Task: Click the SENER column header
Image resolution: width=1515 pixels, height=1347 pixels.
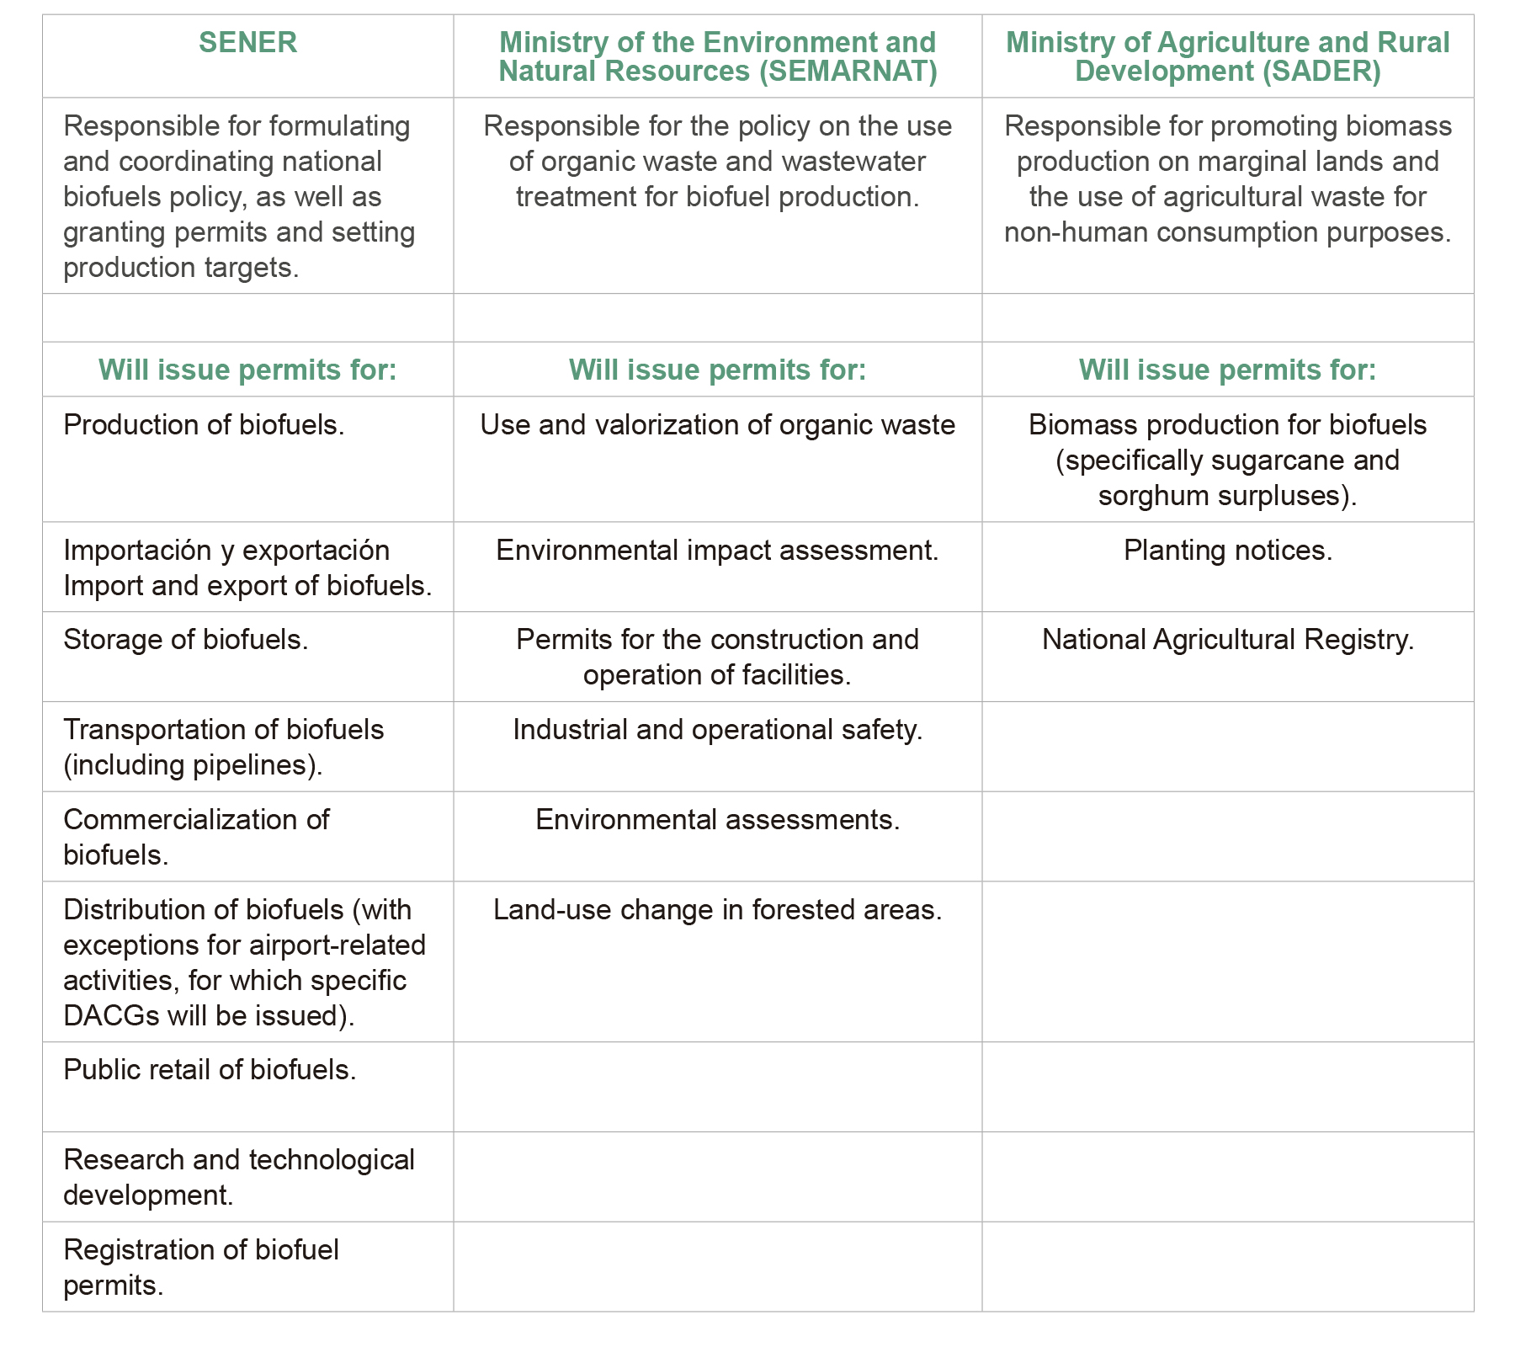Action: (247, 43)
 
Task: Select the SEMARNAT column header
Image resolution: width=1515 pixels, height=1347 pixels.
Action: (717, 56)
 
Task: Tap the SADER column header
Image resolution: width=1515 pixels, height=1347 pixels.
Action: (1227, 56)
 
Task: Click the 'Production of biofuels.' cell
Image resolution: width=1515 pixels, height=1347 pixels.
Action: (204, 425)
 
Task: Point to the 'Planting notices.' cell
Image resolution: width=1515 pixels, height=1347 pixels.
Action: (1227, 551)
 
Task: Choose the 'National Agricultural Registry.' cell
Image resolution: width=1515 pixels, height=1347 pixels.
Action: (1227, 640)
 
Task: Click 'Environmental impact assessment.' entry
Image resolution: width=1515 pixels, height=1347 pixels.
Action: (717, 551)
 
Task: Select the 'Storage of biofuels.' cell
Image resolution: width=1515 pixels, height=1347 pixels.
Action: (186, 640)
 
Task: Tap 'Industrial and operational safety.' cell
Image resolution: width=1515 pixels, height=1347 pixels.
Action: (717, 730)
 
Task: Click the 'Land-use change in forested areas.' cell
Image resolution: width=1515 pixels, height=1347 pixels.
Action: (717, 910)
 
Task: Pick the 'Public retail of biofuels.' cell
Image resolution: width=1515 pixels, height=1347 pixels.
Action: (210, 1070)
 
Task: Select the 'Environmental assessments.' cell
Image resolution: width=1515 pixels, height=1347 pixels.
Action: (717, 820)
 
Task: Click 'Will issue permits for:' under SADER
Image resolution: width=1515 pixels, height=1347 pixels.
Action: (1227, 370)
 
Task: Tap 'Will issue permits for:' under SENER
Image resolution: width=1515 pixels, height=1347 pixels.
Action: (247, 370)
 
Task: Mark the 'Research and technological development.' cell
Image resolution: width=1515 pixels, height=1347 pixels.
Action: (239, 1177)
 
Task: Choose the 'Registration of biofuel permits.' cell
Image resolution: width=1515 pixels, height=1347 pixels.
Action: (201, 1267)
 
